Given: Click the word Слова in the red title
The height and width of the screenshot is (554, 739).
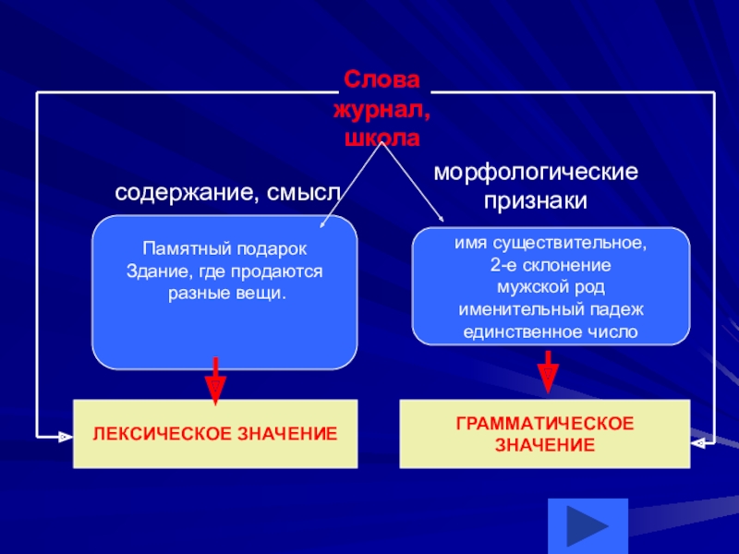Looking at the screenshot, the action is (x=382, y=80).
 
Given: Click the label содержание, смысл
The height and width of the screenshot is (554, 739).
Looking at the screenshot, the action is (x=227, y=194).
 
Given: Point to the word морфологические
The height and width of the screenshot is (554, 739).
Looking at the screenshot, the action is (x=537, y=173).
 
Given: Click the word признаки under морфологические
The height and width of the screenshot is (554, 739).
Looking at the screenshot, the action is (x=537, y=199).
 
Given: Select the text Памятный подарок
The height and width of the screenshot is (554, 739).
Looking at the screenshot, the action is (x=224, y=250).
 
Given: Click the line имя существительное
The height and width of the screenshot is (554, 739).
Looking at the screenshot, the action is (x=550, y=245).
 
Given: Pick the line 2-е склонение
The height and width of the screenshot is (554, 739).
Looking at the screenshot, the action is (x=550, y=266).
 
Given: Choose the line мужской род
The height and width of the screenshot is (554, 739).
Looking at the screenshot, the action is (x=550, y=287).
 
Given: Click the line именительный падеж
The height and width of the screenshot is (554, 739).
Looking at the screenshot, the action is (x=550, y=308).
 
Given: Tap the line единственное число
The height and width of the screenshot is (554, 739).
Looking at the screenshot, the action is (x=550, y=331).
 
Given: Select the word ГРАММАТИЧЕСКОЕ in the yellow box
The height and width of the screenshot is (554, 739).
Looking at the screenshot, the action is (x=544, y=423).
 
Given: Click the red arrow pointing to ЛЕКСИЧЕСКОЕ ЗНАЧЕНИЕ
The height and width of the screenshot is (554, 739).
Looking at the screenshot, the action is (x=214, y=379).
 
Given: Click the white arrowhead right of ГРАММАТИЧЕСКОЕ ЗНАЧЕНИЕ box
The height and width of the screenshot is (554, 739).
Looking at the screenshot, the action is (x=699, y=442).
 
